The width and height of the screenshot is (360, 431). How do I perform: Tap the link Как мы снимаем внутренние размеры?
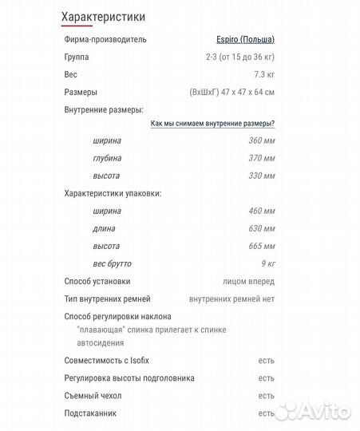[x=213, y=123]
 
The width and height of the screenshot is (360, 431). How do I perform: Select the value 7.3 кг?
[x=264, y=74]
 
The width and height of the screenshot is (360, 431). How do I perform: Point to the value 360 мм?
[x=262, y=140]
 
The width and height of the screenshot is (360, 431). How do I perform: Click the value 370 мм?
[x=262, y=158]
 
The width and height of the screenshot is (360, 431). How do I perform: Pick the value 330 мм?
[x=262, y=176]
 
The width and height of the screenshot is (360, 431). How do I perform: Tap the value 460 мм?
[x=262, y=211]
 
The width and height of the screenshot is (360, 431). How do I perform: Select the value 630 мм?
[x=262, y=228]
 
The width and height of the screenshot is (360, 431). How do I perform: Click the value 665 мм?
[x=262, y=246]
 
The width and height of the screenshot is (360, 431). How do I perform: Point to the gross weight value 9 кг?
[x=267, y=263]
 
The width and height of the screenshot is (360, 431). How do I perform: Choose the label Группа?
[x=77, y=57]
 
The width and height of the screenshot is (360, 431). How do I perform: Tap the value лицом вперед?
[x=249, y=281]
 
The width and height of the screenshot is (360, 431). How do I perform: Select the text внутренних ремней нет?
[x=232, y=299]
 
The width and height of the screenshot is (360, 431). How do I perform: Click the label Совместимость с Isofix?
[x=106, y=361]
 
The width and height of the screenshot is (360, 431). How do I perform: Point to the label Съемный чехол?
[x=93, y=396]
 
